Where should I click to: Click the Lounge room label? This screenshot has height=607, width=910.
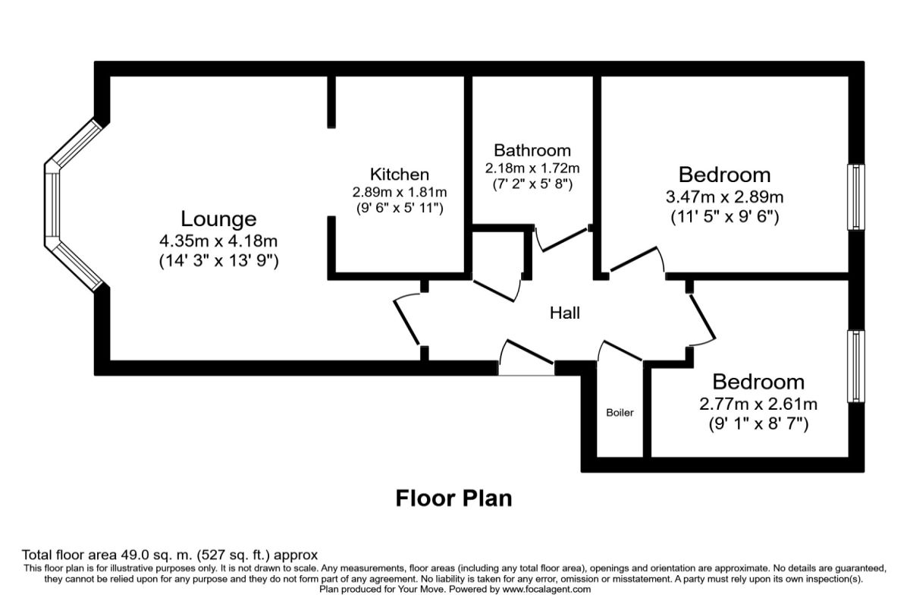pyautogui.click(x=218, y=219)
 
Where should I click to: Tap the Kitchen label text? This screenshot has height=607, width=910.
pyautogui.click(x=399, y=175)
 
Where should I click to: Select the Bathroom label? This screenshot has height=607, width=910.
pyautogui.click(x=532, y=150)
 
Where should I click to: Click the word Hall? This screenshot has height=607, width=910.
pyautogui.click(x=565, y=312)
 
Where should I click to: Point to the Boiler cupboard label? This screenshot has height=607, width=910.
pyautogui.click(x=620, y=413)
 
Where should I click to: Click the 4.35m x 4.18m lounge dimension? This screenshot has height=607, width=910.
pyautogui.click(x=218, y=242)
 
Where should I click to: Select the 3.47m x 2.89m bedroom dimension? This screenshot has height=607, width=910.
pyautogui.click(x=724, y=197)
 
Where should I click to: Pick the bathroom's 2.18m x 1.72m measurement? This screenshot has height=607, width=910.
pyautogui.click(x=532, y=167)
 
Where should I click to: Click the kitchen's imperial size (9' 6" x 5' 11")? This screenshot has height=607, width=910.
pyautogui.click(x=399, y=207)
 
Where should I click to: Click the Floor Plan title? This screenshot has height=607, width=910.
pyautogui.click(x=454, y=498)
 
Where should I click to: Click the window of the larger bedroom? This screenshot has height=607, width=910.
pyautogui.click(x=855, y=197)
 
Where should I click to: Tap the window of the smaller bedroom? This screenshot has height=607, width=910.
pyautogui.click(x=855, y=366)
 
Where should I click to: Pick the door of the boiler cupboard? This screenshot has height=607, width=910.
pyautogui.click(x=620, y=351)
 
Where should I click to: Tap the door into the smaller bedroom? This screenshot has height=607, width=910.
pyautogui.click(x=702, y=318)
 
